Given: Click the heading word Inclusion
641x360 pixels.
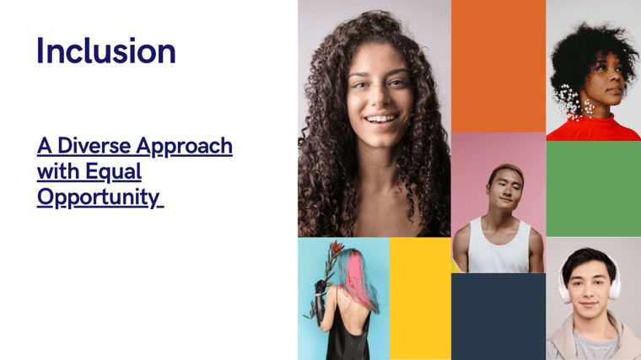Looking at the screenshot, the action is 106,51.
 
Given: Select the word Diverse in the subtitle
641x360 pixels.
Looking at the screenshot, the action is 95,146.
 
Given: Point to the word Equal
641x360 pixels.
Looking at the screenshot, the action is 114,173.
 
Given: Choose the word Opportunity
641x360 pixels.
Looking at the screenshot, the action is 98,198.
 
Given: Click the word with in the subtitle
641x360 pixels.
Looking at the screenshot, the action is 60,171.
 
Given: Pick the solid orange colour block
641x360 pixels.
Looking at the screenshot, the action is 498,67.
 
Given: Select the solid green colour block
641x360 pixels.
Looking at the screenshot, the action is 594,189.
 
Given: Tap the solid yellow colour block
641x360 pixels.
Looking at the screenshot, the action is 420,298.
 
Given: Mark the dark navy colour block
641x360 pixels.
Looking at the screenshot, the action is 498,317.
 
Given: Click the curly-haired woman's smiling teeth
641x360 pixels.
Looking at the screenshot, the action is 381,120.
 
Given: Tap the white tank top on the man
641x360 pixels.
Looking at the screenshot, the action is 498,245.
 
